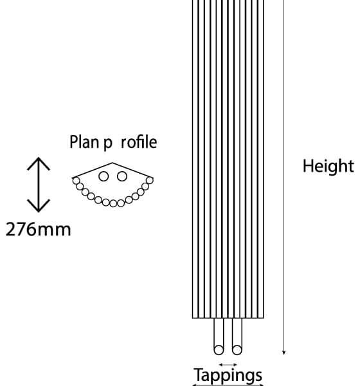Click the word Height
tap(328, 166)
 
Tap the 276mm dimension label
tap(38, 230)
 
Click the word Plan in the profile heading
tap(84, 142)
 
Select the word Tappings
tap(228, 376)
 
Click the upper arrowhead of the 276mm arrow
tap(39, 163)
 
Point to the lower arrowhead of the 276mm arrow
tap(39, 206)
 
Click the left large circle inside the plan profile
tap(104, 176)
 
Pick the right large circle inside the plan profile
tap(122, 176)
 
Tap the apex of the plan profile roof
tap(113, 163)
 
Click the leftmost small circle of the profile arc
tap(76, 181)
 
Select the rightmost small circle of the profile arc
tap(149, 180)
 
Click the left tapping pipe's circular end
tap(219, 350)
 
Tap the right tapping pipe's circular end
tap(237, 350)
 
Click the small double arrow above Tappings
tap(228, 365)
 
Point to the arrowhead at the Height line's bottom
tap(283, 353)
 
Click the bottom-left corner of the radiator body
tap(192, 318)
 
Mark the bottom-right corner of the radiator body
tap(264, 318)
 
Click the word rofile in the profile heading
tap(139, 142)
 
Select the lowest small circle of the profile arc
tap(113, 203)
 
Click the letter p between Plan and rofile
tap(108, 143)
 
